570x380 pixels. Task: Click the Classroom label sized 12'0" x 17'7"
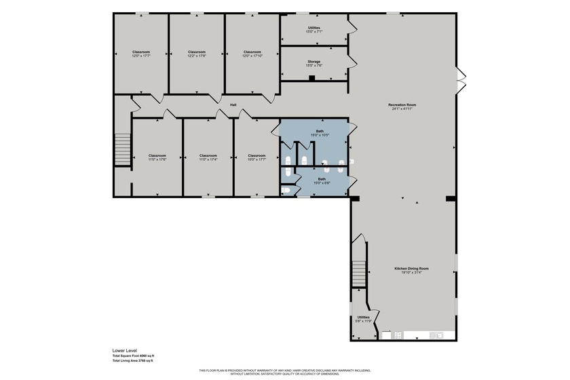[x=141, y=54]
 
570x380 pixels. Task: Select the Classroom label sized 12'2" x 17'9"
[x=197, y=54]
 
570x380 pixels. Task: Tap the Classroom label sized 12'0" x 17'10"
[x=252, y=54]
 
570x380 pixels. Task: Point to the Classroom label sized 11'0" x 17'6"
[x=157, y=157]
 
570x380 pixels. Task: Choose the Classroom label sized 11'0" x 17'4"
[x=208, y=157]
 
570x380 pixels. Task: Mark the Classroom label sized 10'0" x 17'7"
[x=256, y=157]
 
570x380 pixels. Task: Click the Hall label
[x=233, y=105]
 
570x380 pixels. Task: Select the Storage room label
[x=314, y=64]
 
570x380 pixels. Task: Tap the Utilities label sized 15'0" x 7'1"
[x=314, y=29]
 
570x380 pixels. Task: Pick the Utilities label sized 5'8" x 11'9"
[x=364, y=319]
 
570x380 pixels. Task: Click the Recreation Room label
[x=402, y=107]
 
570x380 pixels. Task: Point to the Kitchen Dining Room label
[x=412, y=270]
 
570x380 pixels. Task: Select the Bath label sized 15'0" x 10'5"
[x=320, y=133]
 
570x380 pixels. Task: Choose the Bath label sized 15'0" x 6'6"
[x=322, y=180]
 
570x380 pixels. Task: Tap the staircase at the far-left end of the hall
[x=121, y=146]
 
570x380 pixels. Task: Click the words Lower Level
[x=125, y=351]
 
